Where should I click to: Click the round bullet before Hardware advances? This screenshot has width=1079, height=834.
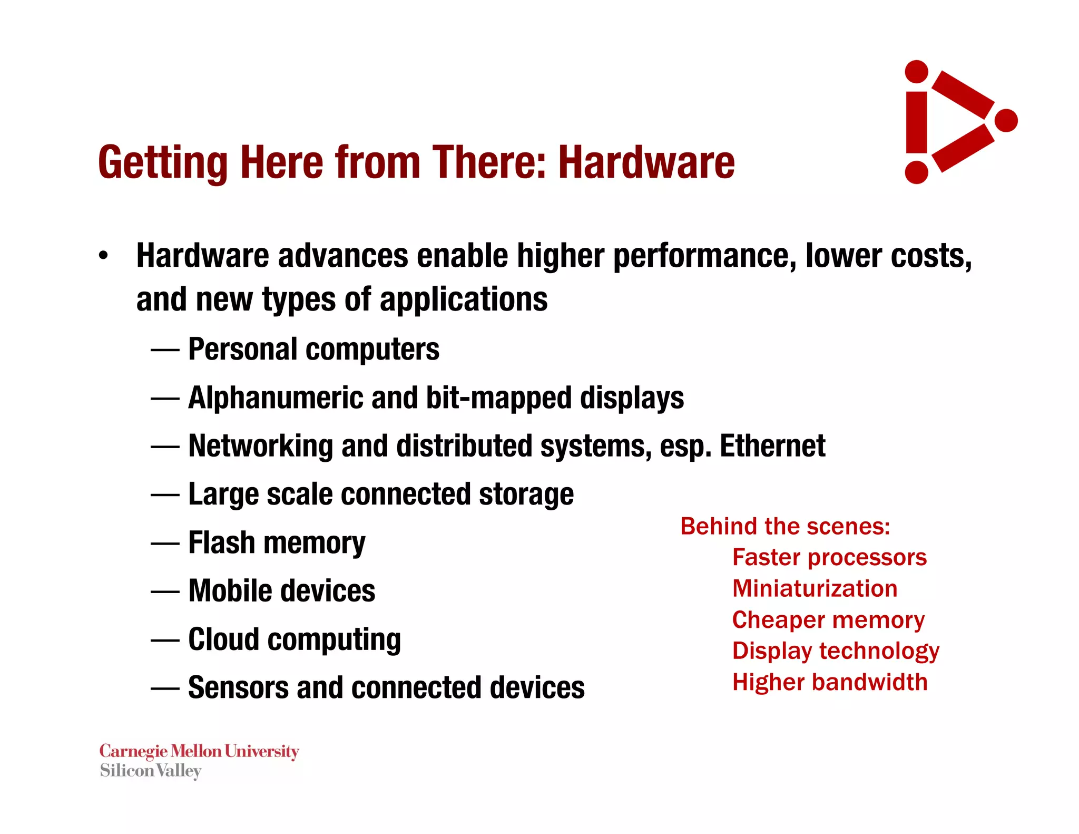pos(103,256)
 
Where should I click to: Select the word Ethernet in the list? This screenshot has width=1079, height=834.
pos(772,446)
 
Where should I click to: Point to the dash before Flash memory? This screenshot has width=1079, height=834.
pos(165,544)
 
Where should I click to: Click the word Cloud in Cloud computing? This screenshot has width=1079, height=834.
pos(223,639)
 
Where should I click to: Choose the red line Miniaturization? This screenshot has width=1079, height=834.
pos(815,588)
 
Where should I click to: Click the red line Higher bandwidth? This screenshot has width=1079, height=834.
pos(829,682)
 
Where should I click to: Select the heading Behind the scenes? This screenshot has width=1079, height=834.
pos(785,526)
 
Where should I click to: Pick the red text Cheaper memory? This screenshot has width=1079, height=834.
pos(828,620)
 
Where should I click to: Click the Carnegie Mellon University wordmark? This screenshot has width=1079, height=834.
pos(199,751)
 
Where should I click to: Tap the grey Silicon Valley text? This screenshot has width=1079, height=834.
pos(151,771)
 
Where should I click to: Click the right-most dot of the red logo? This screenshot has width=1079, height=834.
pos(1006,120)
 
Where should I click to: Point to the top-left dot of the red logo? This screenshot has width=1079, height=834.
pos(917,72)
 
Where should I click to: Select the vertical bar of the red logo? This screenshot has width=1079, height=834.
pos(917,122)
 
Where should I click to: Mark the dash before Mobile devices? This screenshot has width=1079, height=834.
pos(165,592)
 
